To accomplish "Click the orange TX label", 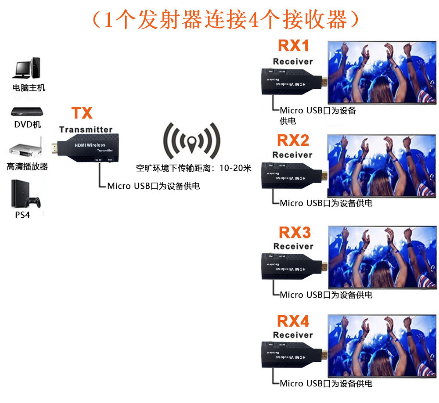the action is [x=82, y=113].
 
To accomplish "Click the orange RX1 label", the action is [x=293, y=46].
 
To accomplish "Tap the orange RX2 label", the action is [x=293, y=140].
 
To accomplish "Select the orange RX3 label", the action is [x=295, y=232].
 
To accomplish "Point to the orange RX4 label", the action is [x=293, y=321].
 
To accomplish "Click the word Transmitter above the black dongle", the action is [x=86, y=130].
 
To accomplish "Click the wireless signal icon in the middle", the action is [x=192, y=141].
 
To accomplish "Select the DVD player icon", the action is [x=27, y=111].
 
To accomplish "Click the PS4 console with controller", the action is [x=25, y=194].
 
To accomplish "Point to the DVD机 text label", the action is [x=27, y=125].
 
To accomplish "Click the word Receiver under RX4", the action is [x=293, y=335].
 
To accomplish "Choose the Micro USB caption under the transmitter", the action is [x=153, y=186].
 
